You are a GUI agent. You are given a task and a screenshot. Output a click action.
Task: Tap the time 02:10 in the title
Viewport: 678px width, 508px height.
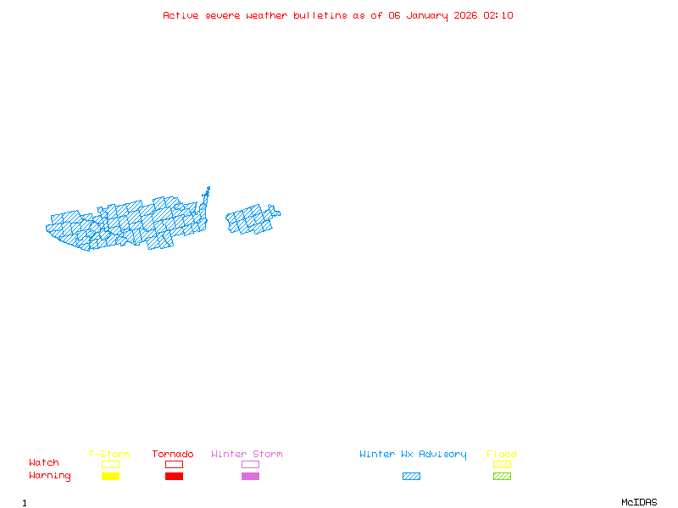[x=498, y=15]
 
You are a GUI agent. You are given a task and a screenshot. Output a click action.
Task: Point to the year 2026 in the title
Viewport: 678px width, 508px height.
[x=466, y=15]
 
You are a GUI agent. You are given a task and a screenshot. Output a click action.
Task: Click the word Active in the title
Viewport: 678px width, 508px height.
[x=181, y=15]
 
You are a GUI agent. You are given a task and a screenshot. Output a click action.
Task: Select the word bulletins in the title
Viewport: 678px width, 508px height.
[x=320, y=15]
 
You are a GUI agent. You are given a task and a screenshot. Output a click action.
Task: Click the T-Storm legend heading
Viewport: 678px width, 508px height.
[x=109, y=455]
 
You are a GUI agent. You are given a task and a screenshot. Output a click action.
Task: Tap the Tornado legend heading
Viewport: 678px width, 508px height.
[x=173, y=455]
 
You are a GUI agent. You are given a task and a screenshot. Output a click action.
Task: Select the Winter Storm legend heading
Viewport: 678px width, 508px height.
[x=247, y=455]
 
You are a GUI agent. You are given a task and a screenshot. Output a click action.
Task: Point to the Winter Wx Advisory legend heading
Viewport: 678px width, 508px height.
[x=413, y=455]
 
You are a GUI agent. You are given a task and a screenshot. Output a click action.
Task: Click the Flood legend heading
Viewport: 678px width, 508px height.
[x=502, y=455]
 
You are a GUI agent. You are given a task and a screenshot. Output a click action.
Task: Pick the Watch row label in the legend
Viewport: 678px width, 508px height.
[x=44, y=463]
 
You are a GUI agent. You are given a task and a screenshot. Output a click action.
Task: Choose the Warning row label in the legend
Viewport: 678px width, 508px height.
[x=50, y=476]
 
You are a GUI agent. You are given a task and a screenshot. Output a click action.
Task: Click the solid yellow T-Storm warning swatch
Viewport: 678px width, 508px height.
[x=110, y=476]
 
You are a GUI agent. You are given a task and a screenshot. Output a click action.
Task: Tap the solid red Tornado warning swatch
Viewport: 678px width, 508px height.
[x=174, y=476]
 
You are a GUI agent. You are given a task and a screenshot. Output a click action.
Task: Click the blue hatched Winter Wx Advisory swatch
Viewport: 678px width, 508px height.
[x=411, y=476]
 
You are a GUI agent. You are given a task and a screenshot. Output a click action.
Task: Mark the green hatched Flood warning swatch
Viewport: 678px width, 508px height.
[x=502, y=476]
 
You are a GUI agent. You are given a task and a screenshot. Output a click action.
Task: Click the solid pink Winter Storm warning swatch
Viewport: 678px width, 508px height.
[x=250, y=476]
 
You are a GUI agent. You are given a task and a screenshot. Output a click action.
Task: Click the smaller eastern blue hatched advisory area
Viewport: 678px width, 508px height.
[x=251, y=219]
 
